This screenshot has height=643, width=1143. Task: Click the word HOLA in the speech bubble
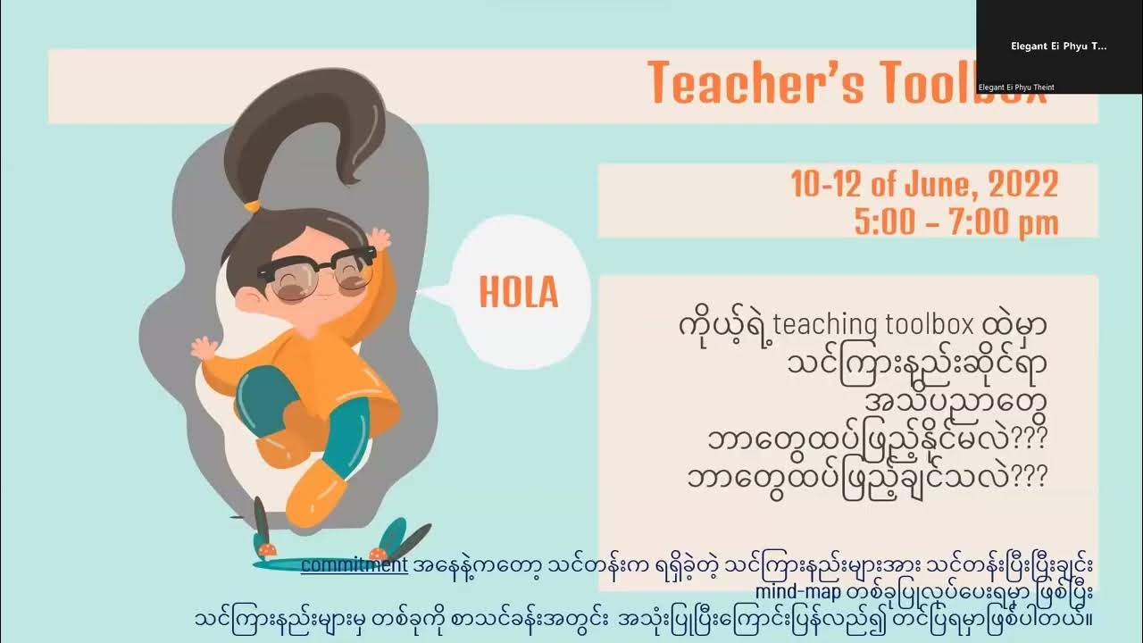[518, 292]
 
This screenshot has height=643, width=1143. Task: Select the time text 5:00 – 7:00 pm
[955, 222]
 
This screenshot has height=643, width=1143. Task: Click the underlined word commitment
[354, 564]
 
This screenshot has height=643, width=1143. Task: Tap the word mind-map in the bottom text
[797, 591]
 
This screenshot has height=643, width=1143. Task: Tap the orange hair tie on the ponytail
[253, 206]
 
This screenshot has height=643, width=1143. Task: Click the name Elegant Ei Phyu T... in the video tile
[1058, 46]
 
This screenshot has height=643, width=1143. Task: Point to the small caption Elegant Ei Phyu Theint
[1016, 88]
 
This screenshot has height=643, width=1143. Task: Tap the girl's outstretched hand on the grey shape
[204, 347]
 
